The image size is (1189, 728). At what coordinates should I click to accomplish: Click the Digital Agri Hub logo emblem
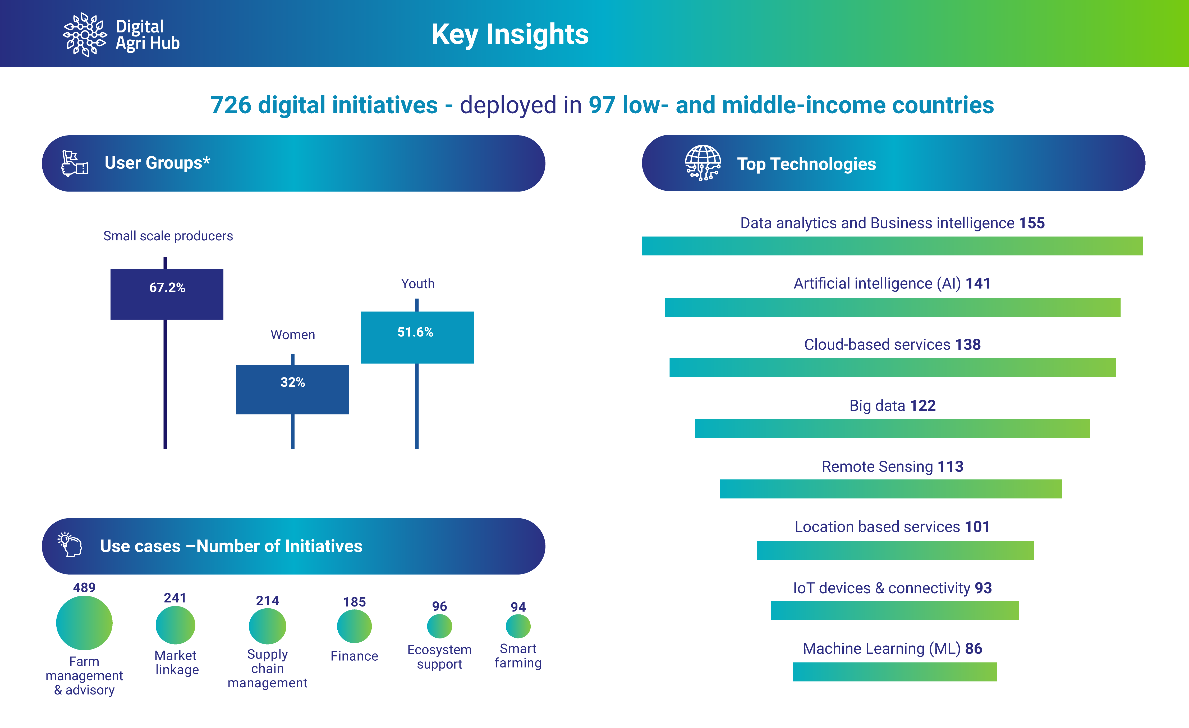(x=85, y=35)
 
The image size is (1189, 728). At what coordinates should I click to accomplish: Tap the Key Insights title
(x=510, y=35)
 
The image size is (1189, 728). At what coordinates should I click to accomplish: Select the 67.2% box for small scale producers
(x=167, y=294)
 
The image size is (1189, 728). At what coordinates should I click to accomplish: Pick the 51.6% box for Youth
(x=417, y=338)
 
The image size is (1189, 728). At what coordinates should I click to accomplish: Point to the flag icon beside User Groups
(x=75, y=163)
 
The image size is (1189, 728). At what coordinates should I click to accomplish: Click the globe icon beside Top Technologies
(x=703, y=163)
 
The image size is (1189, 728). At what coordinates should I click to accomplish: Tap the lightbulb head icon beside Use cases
(x=70, y=545)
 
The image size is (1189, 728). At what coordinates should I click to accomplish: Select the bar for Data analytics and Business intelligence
(x=892, y=246)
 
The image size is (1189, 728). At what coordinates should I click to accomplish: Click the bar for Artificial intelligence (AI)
(x=892, y=307)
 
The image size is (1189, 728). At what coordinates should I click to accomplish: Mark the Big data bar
(x=892, y=428)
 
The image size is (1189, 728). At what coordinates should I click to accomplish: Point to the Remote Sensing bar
(x=891, y=489)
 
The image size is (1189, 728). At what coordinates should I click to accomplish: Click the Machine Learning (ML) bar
(x=895, y=671)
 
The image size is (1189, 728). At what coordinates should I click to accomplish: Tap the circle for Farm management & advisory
(x=84, y=623)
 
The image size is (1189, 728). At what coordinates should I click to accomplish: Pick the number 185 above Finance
(x=354, y=602)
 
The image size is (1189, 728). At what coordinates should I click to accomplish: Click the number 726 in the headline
(x=231, y=105)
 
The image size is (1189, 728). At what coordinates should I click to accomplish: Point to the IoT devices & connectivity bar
(x=895, y=611)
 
